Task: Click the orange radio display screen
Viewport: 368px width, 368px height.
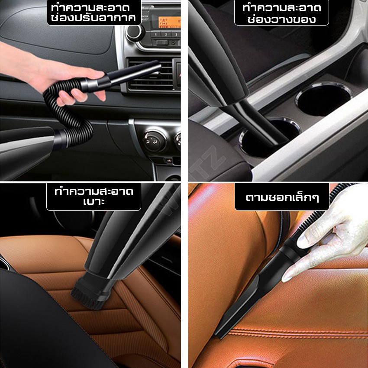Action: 169,22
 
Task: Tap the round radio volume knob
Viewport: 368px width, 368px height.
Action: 135,32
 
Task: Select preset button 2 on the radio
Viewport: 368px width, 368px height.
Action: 166,35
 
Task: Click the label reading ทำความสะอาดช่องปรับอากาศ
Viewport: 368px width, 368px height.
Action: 94,12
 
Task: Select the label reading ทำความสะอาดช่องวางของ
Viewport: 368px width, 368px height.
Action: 281,13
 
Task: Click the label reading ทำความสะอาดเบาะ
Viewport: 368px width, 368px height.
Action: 94,197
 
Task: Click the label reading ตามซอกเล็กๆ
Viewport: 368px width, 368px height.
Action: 282,197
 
